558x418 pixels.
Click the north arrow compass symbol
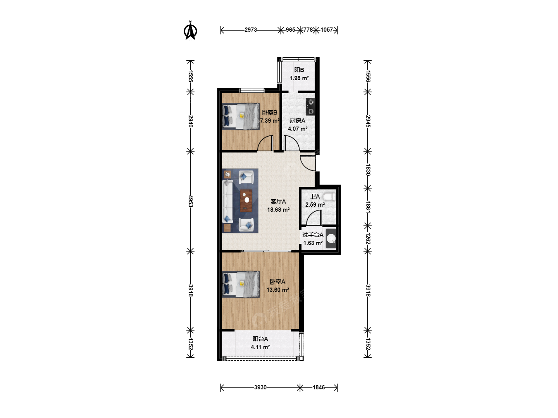click(x=190, y=31)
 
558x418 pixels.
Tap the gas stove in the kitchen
click(x=310, y=106)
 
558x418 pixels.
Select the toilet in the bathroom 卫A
click(x=329, y=197)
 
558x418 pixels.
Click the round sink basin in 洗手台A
click(x=331, y=238)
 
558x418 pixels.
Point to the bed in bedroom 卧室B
click(x=241, y=116)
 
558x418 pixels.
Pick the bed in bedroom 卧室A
click(x=241, y=284)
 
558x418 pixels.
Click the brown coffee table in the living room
click(x=246, y=200)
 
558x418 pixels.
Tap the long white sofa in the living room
click(x=227, y=202)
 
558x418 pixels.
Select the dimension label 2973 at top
click(x=251, y=30)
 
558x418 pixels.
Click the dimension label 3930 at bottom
click(x=260, y=387)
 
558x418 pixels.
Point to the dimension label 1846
click(x=319, y=387)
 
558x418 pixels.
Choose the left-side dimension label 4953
click(x=190, y=201)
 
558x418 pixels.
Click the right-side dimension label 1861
click(x=368, y=207)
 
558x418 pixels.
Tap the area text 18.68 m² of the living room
click(x=278, y=210)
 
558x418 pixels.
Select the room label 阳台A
click(x=260, y=339)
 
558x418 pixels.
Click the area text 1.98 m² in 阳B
click(x=299, y=78)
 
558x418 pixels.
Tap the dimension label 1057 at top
click(x=327, y=30)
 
